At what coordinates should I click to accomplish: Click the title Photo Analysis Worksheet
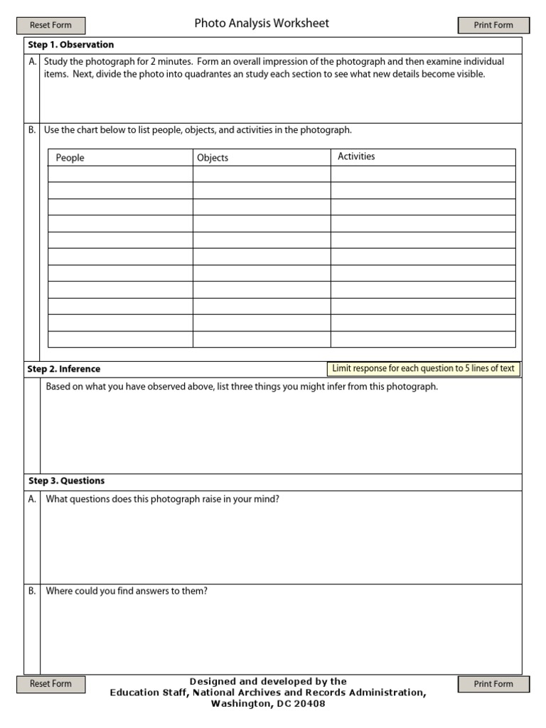(x=262, y=23)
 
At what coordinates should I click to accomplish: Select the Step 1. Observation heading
(x=70, y=45)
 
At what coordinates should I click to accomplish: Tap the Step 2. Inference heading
(x=64, y=369)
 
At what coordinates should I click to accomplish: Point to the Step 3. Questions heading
(x=66, y=481)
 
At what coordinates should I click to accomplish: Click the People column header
(x=70, y=158)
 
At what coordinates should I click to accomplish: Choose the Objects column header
(x=213, y=158)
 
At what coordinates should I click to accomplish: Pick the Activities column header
(x=356, y=156)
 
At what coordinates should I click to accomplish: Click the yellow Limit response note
(x=424, y=368)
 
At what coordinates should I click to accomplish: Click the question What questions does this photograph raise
(x=163, y=499)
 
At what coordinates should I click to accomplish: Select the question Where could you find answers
(x=127, y=591)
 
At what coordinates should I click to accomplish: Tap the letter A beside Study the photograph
(x=32, y=62)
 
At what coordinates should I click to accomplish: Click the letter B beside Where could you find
(x=32, y=591)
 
